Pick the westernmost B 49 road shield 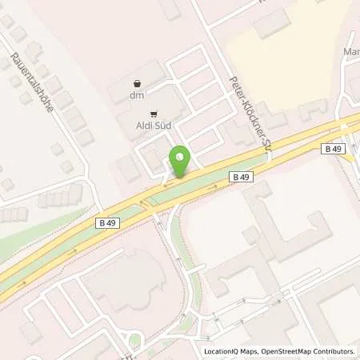(110, 223)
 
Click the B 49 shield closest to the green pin (240, 175)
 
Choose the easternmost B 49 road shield (334, 149)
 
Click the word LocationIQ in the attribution (223, 351)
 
